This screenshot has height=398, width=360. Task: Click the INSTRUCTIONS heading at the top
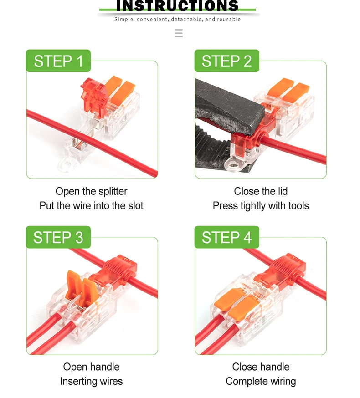pyautogui.click(x=178, y=6)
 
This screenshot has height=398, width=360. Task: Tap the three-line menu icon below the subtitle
pyautogui.click(x=179, y=33)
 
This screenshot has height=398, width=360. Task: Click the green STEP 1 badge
pyautogui.click(x=58, y=61)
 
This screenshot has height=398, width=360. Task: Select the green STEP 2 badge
pyautogui.click(x=226, y=61)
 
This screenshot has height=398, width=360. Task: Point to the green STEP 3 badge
pyautogui.click(x=58, y=237)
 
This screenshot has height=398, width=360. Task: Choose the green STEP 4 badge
pyautogui.click(x=226, y=237)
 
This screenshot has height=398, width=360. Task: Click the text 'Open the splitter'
pyautogui.click(x=91, y=191)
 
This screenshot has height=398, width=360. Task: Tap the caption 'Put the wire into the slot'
pyautogui.click(x=91, y=206)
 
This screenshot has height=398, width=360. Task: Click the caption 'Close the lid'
pyautogui.click(x=261, y=191)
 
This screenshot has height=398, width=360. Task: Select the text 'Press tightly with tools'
pyautogui.click(x=261, y=206)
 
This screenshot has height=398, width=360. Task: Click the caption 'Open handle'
pyautogui.click(x=91, y=367)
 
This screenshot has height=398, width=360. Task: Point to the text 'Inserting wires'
pyautogui.click(x=91, y=382)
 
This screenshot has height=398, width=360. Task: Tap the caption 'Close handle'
pyautogui.click(x=261, y=367)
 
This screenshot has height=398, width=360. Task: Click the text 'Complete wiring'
pyautogui.click(x=261, y=382)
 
